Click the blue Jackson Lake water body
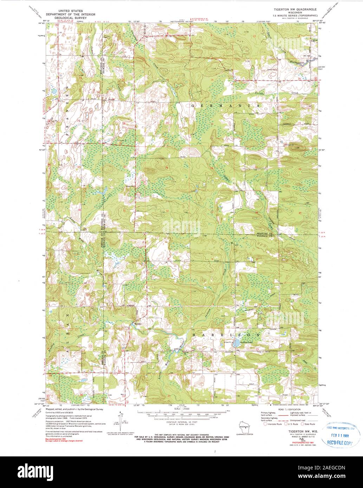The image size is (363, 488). pos(237,342)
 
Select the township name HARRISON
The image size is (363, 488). pos(226,335)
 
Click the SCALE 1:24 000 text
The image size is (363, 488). pos(182,409)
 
